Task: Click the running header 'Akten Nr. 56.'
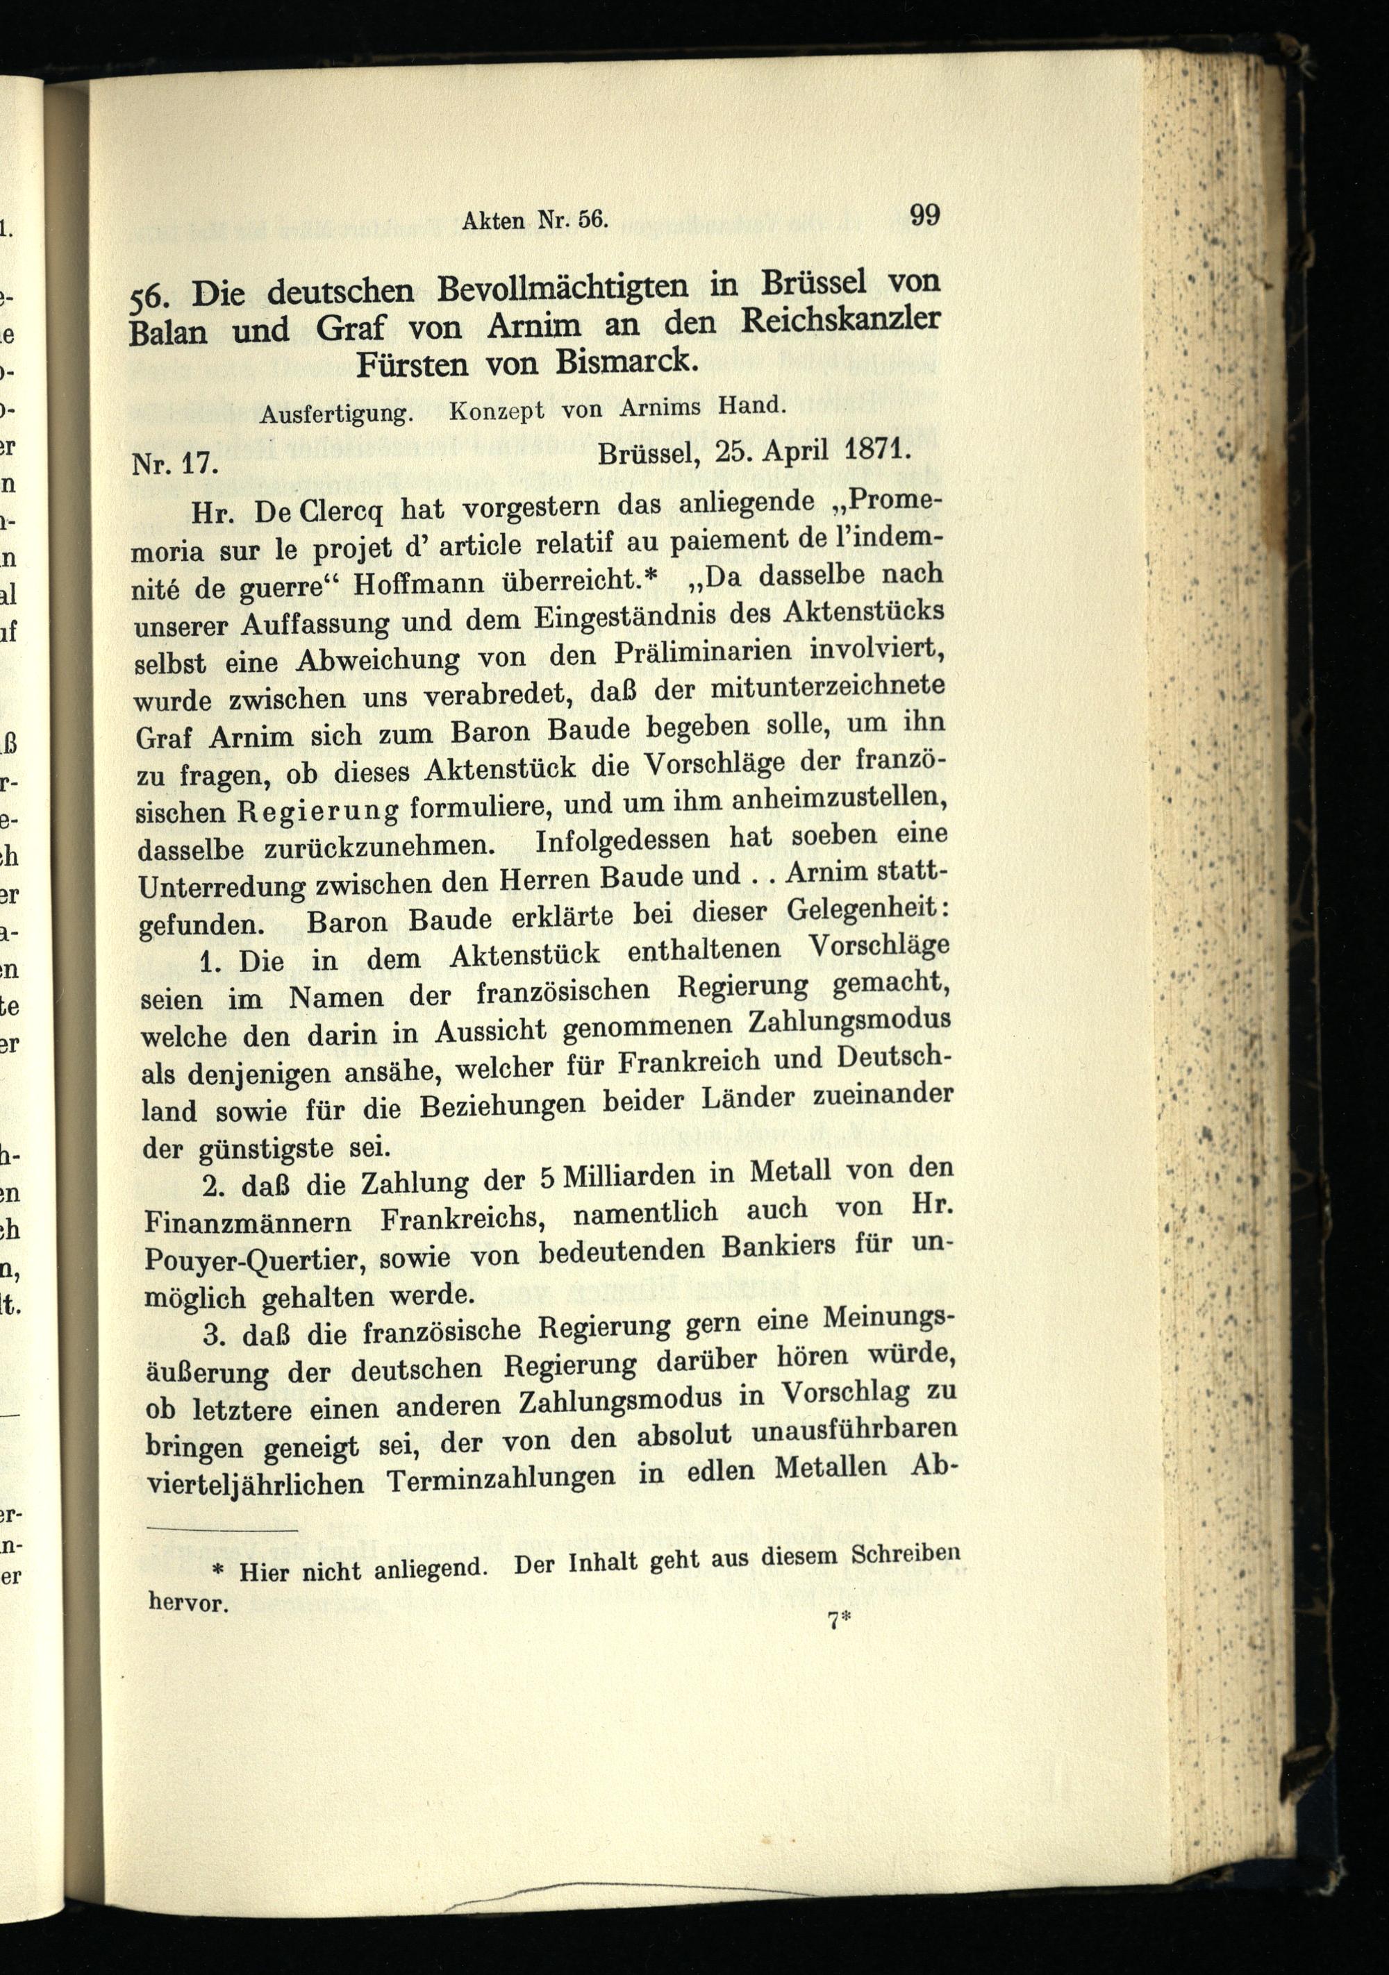[535, 220]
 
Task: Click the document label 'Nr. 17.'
[176, 464]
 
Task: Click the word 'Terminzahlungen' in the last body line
[501, 1479]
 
